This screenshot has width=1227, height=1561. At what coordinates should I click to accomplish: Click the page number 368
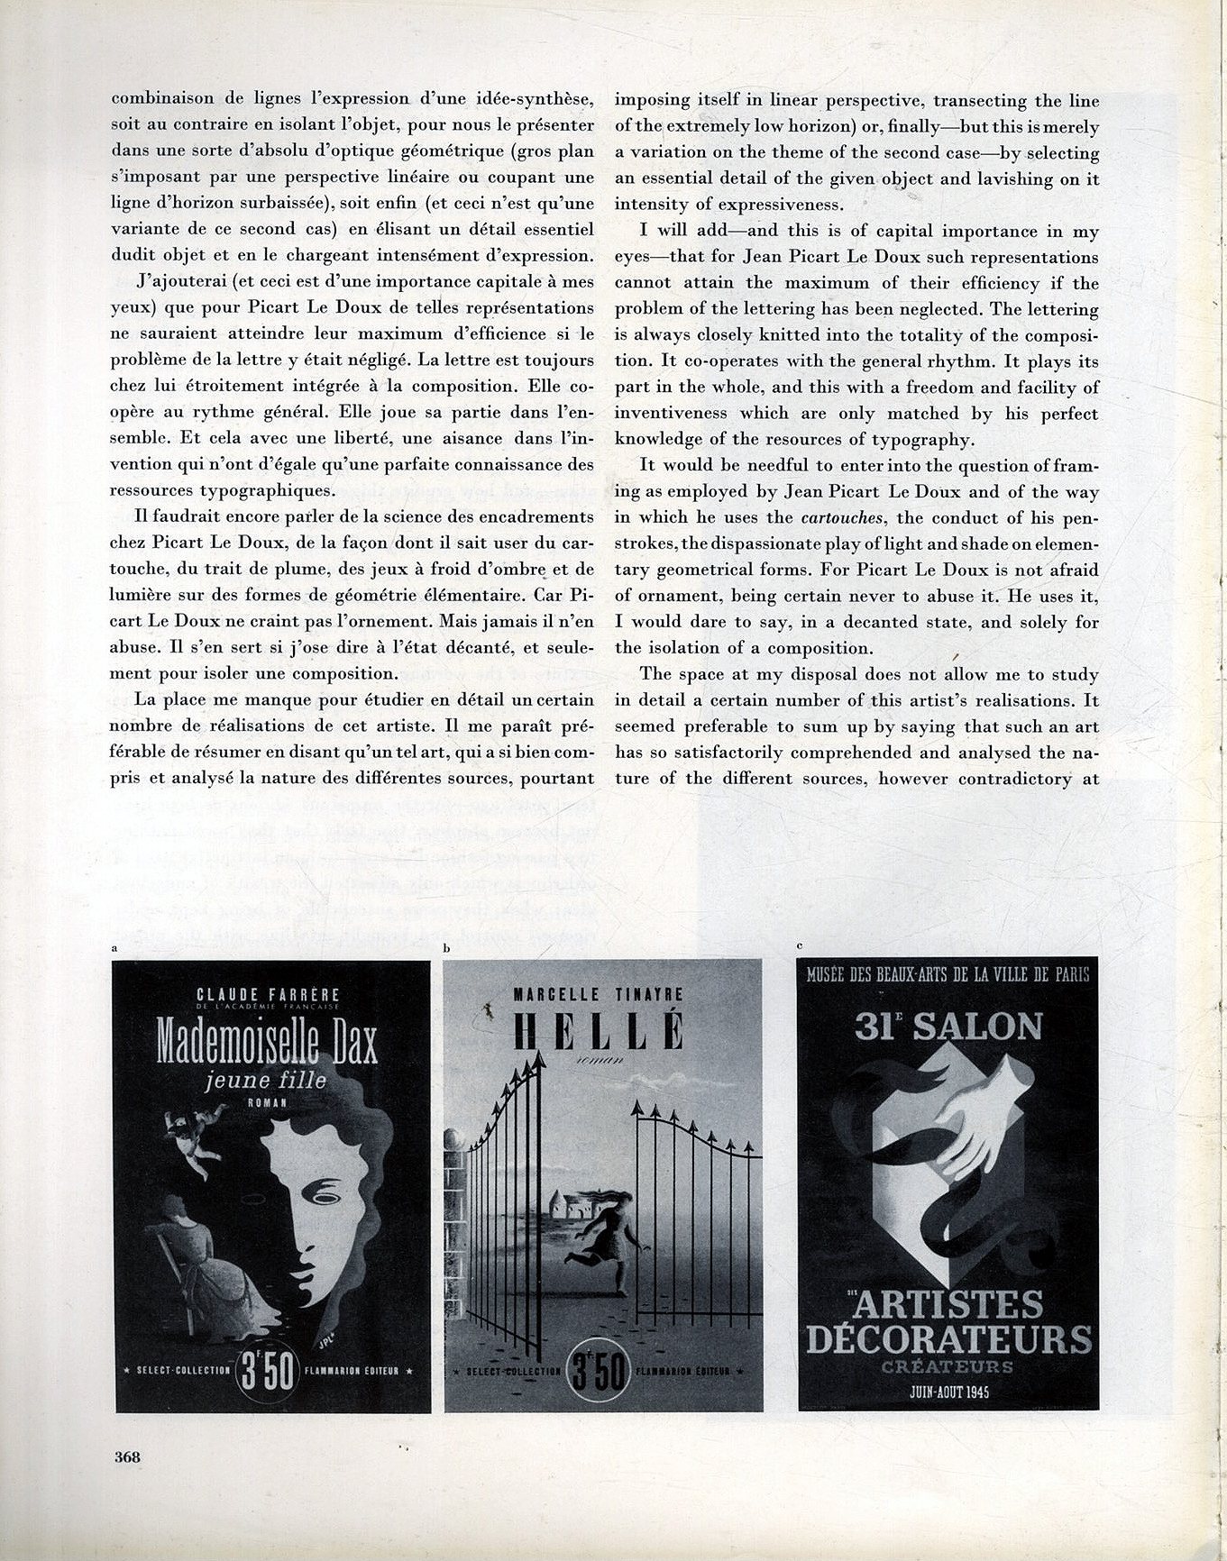click(x=127, y=1456)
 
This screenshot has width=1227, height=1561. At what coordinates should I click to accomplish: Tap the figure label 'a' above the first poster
click(x=114, y=948)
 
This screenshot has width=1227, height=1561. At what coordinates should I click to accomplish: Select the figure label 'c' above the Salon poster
click(x=801, y=945)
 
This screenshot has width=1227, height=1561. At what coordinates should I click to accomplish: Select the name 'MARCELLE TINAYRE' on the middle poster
click(x=598, y=994)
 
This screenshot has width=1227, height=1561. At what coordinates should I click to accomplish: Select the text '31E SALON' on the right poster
click(x=948, y=1027)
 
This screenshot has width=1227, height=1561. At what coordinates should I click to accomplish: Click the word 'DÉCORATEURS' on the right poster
click(x=948, y=1338)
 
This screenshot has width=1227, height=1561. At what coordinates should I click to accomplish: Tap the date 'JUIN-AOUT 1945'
click(x=948, y=1392)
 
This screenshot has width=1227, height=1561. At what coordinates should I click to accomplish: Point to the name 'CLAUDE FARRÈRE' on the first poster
click(x=268, y=994)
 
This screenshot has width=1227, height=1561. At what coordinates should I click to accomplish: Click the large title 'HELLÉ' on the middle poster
click(x=598, y=1031)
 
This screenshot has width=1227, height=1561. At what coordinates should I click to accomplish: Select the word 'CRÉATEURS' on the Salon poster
click(x=948, y=1367)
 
